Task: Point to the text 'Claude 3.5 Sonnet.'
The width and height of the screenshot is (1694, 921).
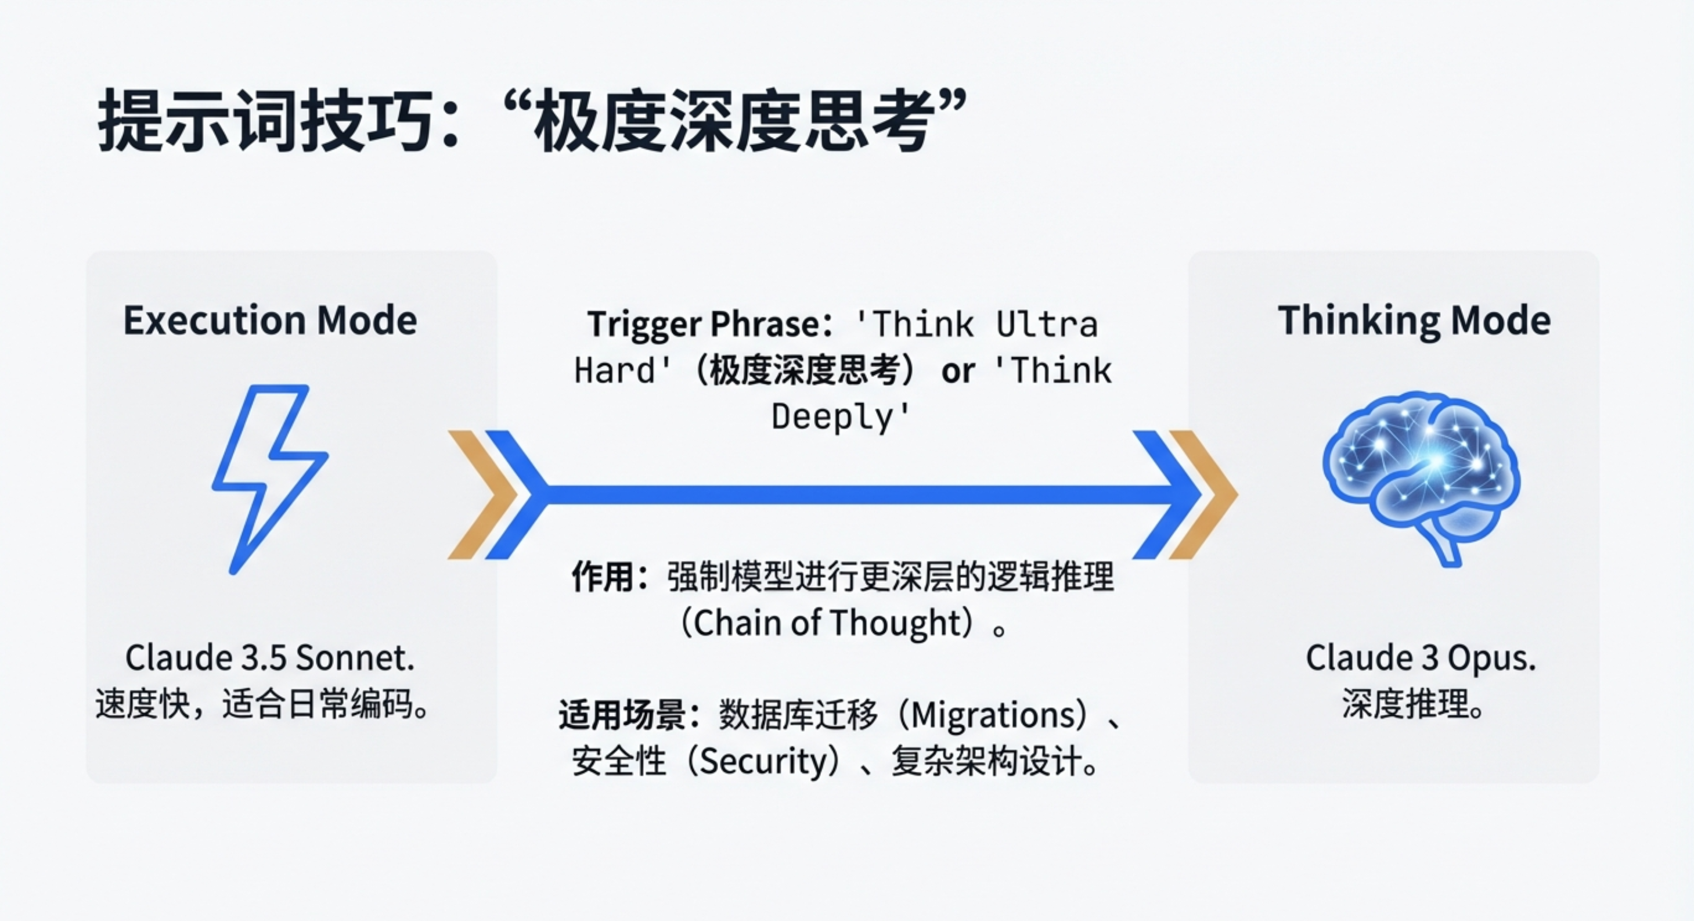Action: click(269, 657)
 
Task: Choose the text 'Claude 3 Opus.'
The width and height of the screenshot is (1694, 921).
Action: click(1421, 658)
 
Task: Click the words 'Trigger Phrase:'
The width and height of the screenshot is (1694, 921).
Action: click(709, 324)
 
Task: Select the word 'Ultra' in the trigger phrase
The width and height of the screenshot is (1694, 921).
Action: click(1047, 324)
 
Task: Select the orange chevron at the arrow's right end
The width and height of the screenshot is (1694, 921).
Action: click(1203, 495)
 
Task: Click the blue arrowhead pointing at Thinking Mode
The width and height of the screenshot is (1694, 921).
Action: click(1167, 495)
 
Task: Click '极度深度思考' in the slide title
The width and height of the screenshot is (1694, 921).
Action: click(733, 122)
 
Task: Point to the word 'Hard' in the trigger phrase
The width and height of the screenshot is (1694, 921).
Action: click(615, 370)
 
